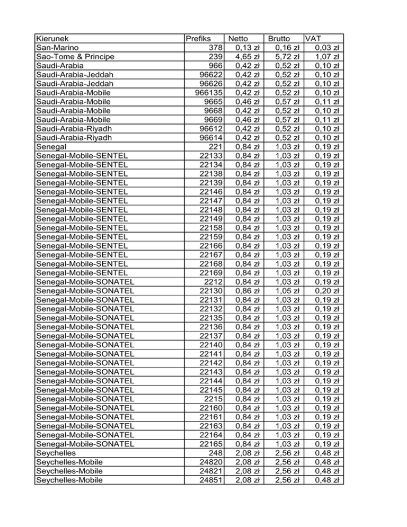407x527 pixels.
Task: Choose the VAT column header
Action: click(313, 39)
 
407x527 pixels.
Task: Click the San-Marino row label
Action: click(58, 48)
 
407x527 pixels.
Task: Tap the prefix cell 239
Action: click(215, 57)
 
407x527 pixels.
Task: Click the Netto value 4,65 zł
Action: click(246, 57)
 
